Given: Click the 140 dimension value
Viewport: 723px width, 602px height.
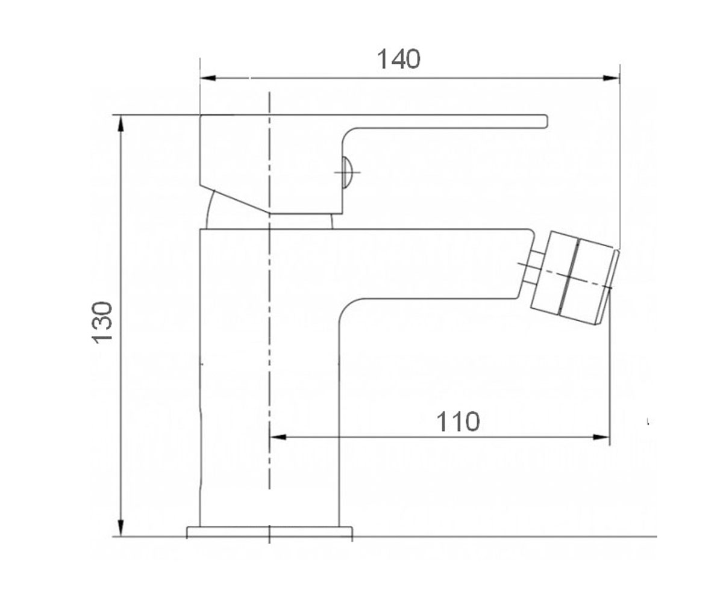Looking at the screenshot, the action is pyautogui.click(x=398, y=59).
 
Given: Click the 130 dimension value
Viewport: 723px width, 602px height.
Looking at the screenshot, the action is pyautogui.click(x=102, y=323).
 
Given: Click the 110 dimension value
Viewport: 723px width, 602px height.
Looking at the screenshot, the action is pyautogui.click(x=458, y=422).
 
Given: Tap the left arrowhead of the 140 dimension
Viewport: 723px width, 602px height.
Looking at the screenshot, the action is pyautogui.click(x=208, y=78).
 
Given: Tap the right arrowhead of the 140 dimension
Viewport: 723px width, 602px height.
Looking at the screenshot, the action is pyautogui.click(x=611, y=78).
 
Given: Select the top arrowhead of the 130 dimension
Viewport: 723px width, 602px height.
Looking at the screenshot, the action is pyautogui.click(x=120, y=123).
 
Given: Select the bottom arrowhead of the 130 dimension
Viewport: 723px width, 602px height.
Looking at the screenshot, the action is pyautogui.click(x=120, y=528).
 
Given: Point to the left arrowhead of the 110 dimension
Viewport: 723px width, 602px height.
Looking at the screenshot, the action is pyautogui.click(x=278, y=437).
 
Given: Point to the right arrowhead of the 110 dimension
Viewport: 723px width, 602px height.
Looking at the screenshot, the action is pyautogui.click(x=601, y=437).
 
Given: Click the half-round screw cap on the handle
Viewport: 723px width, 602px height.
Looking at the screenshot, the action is pyautogui.click(x=346, y=172).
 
